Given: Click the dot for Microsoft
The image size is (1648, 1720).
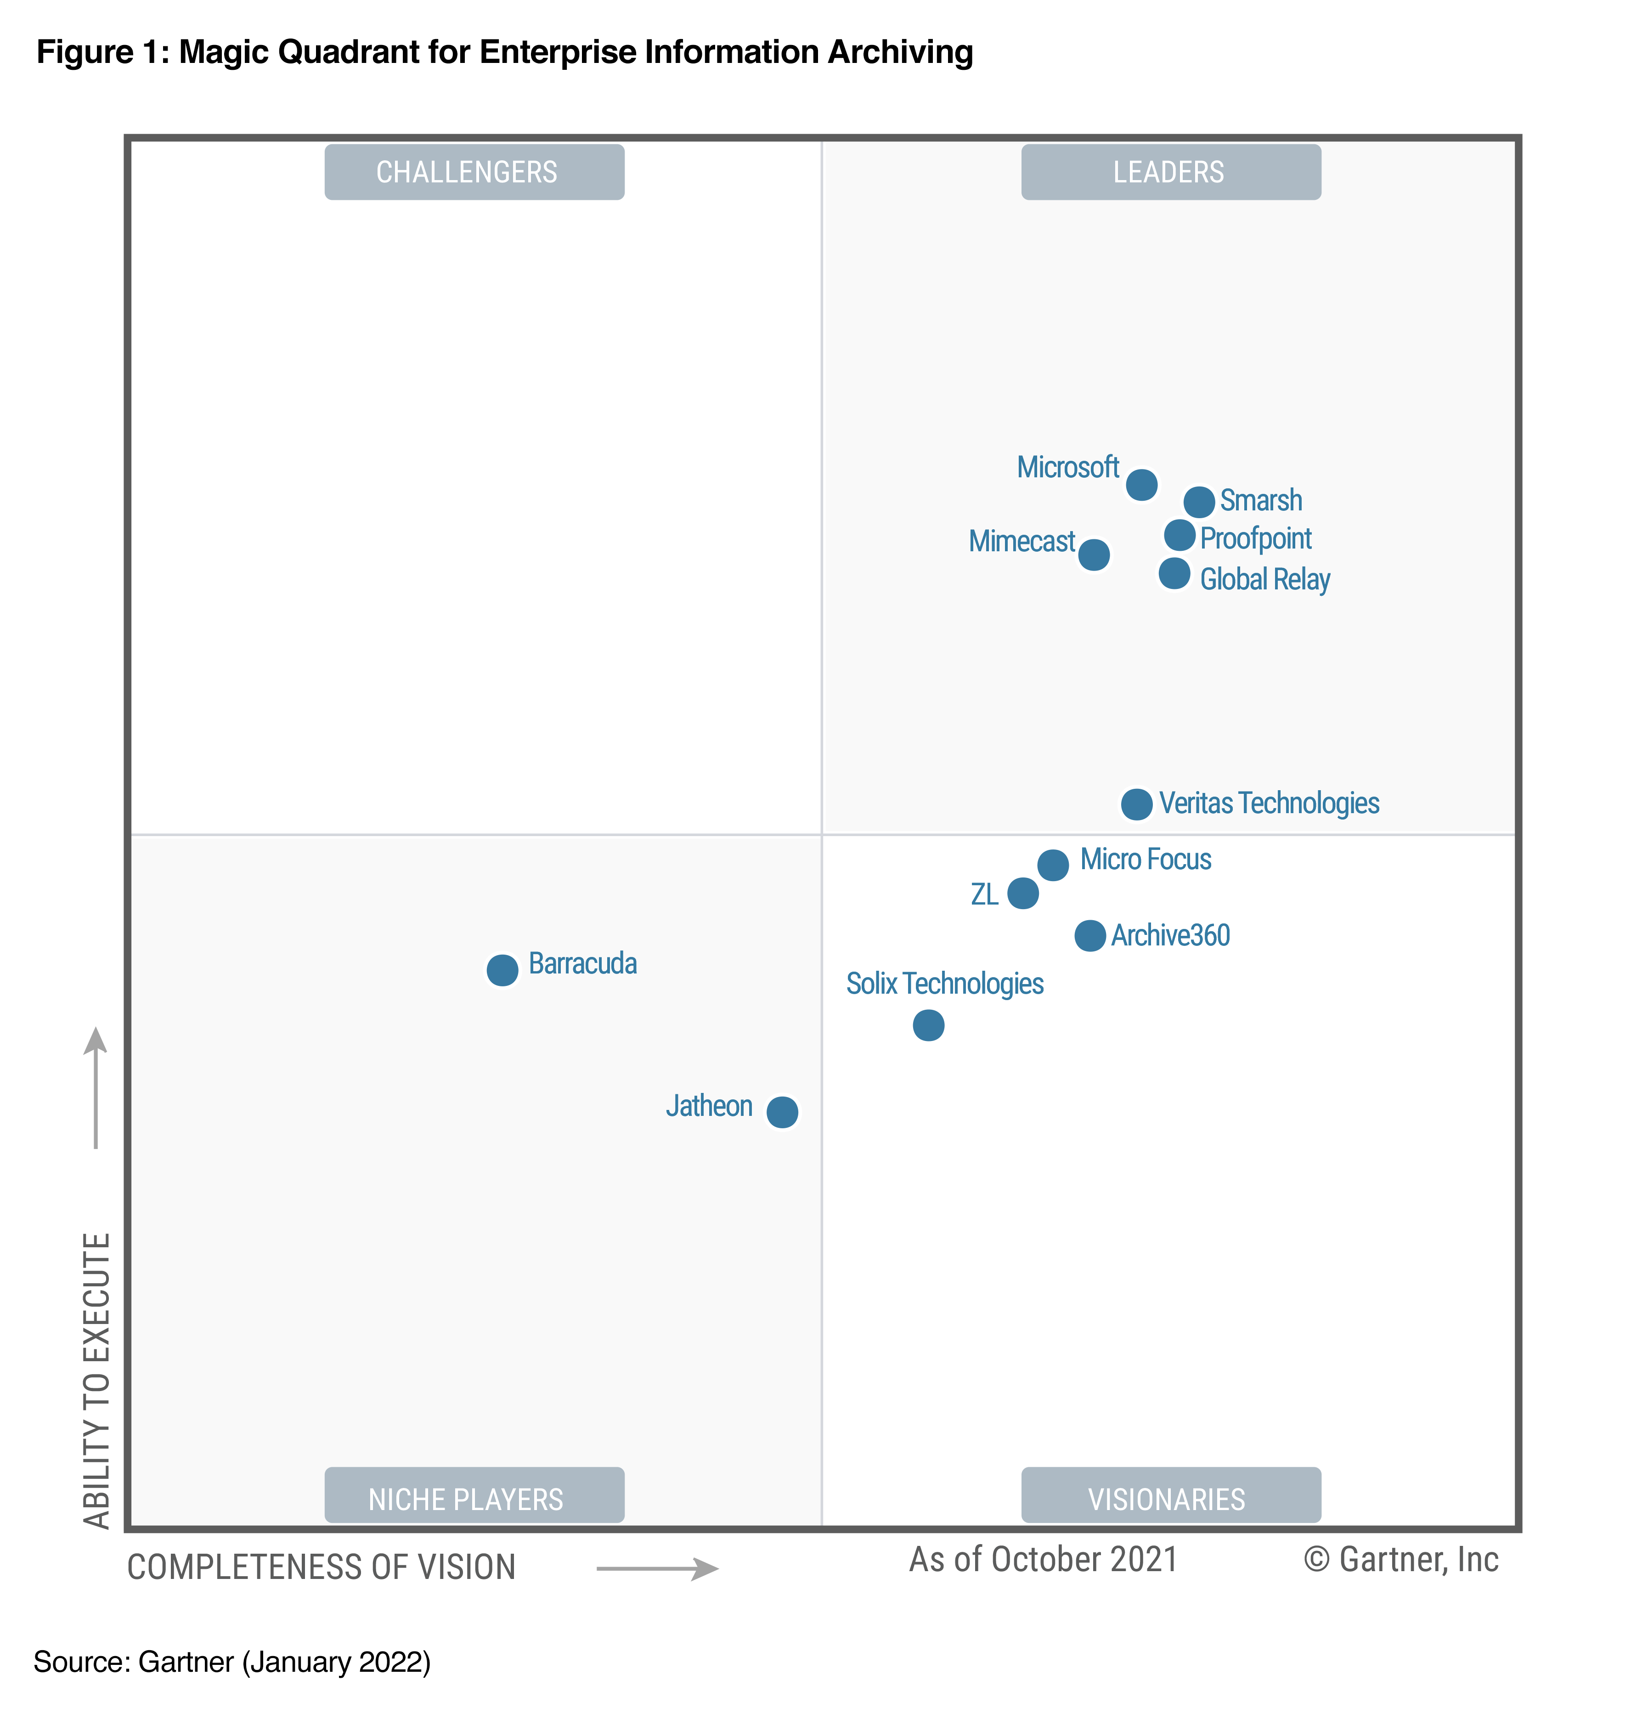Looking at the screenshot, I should click(1141, 484).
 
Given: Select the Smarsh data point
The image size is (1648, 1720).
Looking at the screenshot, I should click(1199, 502).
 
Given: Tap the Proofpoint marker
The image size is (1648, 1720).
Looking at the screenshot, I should click(1180, 534).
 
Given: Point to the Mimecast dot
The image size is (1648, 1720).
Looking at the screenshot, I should click(1094, 554).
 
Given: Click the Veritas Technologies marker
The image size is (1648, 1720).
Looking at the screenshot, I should click(1136, 804).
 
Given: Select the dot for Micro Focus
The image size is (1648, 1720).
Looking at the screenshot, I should click(1053, 865).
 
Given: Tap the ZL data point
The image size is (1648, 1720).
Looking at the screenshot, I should click(1022, 894).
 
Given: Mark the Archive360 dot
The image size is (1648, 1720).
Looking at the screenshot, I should click(1090, 935).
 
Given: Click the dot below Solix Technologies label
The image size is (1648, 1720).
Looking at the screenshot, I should click(928, 1025).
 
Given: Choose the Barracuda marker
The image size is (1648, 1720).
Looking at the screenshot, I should click(502, 970).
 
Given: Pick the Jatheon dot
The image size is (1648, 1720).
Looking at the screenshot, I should click(782, 1112).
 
